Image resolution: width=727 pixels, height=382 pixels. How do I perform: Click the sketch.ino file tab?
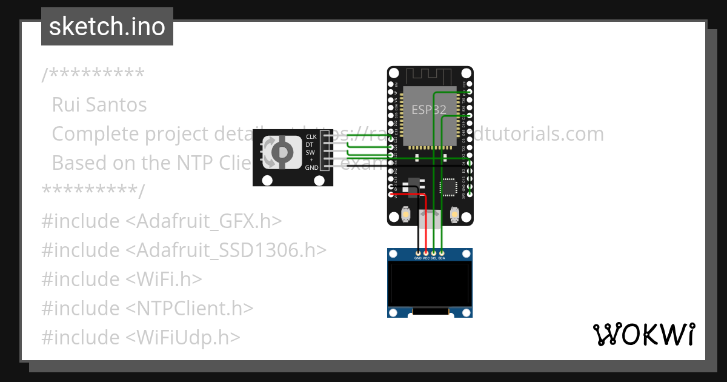point(107,27)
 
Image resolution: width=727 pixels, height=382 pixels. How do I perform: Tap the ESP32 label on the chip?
point(429,110)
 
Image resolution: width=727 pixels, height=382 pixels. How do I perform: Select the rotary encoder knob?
point(281,152)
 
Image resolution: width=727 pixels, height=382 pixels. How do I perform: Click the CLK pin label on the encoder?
point(311,137)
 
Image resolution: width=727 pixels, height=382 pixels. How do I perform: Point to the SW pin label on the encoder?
point(311,152)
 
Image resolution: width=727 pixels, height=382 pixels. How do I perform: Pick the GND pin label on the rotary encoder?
point(311,167)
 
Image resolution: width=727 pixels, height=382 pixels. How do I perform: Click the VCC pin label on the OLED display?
point(426,258)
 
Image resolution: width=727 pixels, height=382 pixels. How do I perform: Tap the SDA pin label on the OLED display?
point(442,258)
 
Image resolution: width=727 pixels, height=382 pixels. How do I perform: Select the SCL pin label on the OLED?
point(434,258)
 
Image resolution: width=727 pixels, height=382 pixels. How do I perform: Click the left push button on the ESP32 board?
point(405,214)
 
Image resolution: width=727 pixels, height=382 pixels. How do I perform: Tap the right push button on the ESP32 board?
point(454,214)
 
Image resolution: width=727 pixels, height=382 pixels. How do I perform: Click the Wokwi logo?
point(643,334)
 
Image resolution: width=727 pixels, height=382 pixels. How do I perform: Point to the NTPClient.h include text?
point(190,308)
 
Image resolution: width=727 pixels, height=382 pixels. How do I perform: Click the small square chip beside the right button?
point(448,187)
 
